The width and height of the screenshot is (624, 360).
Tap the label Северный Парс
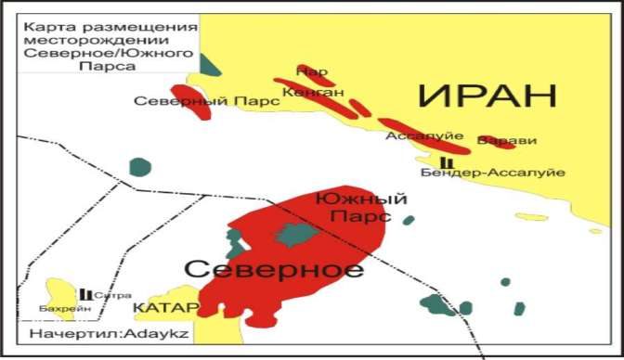(x=206, y=101)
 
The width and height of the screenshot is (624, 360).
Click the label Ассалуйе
(x=417, y=135)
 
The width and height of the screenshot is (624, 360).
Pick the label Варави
(x=507, y=141)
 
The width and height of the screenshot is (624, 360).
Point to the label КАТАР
(x=165, y=307)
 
